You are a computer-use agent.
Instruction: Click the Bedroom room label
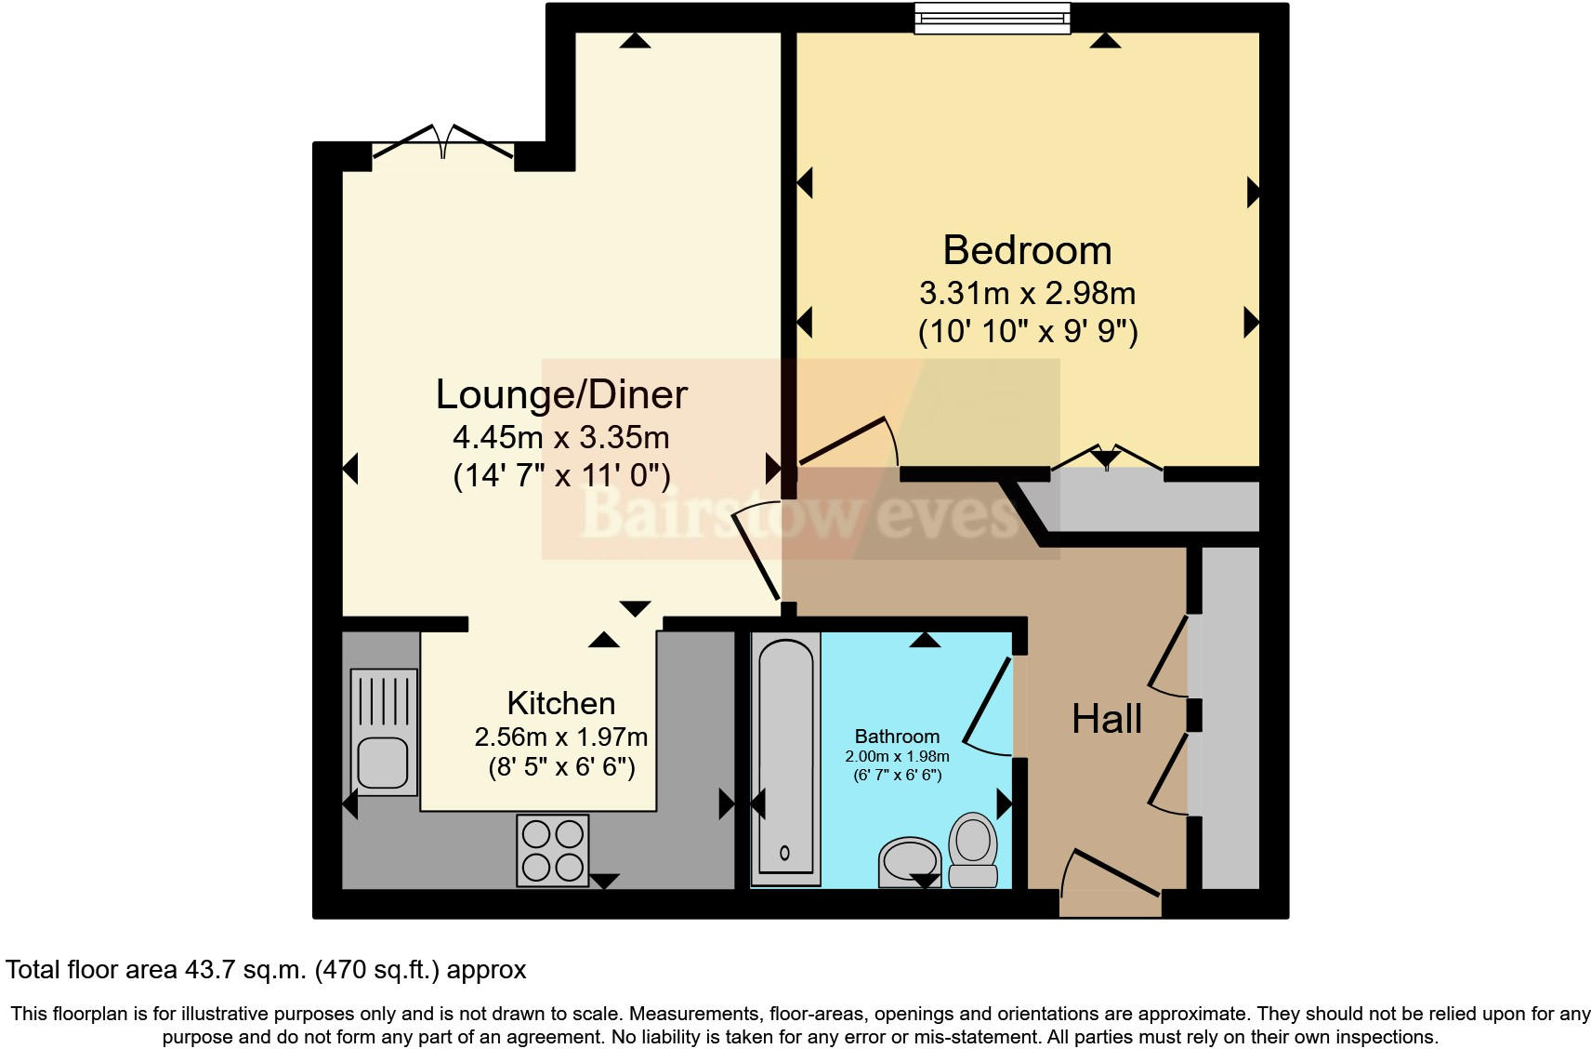(1027, 250)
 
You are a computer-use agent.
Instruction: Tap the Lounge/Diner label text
(561, 394)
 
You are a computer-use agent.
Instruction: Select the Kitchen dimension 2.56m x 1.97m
(560, 737)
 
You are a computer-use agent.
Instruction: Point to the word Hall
(1106, 719)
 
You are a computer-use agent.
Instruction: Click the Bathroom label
(897, 737)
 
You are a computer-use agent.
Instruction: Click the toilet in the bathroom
(972, 848)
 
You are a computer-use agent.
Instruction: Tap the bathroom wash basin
(909, 860)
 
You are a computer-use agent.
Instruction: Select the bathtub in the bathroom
(785, 758)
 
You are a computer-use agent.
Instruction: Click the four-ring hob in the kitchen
(553, 849)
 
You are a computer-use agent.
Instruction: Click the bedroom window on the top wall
(992, 19)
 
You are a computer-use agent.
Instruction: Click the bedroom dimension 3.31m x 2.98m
(1027, 294)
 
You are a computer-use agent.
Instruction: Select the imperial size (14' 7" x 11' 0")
(561, 476)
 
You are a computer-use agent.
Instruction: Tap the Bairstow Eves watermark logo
(799, 511)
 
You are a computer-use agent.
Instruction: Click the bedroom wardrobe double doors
(1106, 459)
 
